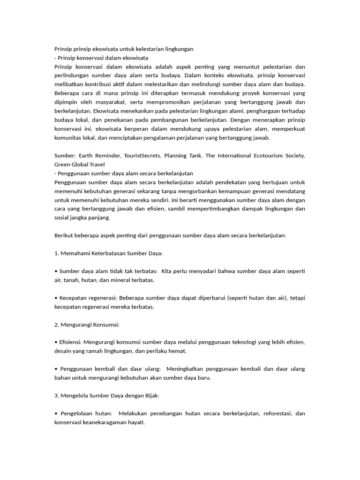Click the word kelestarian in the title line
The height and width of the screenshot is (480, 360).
click(145, 49)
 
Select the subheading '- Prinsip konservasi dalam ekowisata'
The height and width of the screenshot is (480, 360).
click(101, 58)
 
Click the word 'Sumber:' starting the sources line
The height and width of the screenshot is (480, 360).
click(65, 156)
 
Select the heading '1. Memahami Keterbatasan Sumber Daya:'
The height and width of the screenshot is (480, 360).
click(108, 254)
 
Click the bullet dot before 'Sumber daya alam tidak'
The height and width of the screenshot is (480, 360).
click(56, 271)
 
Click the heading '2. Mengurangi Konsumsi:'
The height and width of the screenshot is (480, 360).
click(87, 324)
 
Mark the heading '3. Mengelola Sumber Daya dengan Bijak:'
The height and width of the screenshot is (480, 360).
click(107, 396)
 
